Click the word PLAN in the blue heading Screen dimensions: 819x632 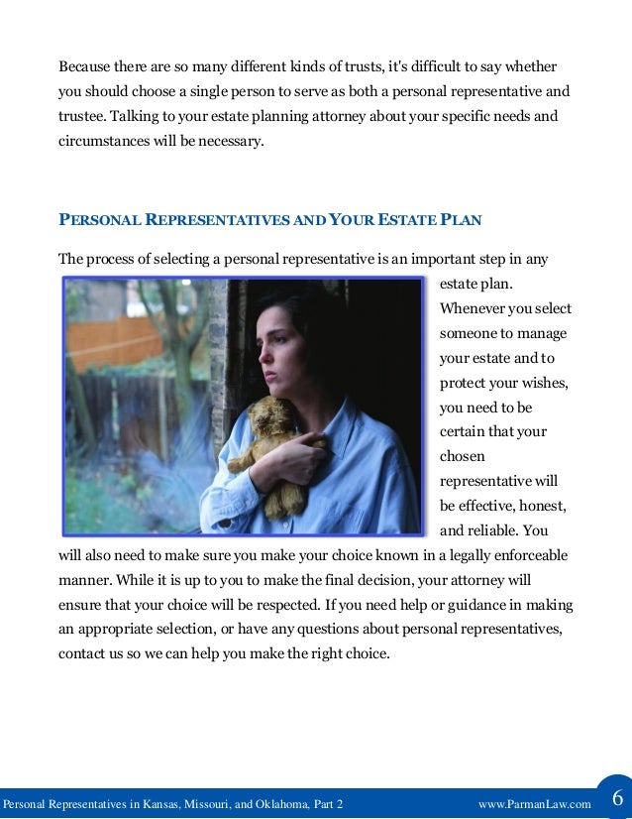(x=462, y=218)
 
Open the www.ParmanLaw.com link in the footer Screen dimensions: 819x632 (x=534, y=803)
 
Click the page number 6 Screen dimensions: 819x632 (x=616, y=799)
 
